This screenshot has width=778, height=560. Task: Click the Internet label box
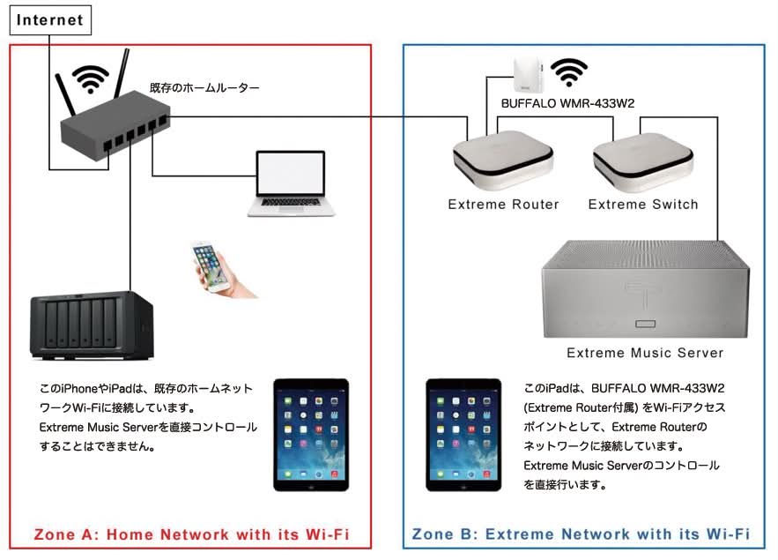pyautogui.click(x=50, y=20)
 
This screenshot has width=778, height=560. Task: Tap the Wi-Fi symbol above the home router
pyautogui.click(x=90, y=79)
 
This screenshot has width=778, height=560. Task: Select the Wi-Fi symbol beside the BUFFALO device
pyautogui.click(x=569, y=72)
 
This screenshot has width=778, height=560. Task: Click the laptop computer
pyautogui.click(x=292, y=183)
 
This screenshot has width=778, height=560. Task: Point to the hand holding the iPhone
pyautogui.click(x=223, y=270)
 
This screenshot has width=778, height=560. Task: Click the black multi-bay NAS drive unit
pyautogui.click(x=92, y=325)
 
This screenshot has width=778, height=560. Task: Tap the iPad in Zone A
pyautogui.click(x=311, y=435)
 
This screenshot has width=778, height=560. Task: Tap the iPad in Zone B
pyautogui.click(x=463, y=435)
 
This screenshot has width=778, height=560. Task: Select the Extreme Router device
pyautogui.click(x=502, y=160)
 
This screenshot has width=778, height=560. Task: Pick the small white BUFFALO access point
pyautogui.click(x=529, y=74)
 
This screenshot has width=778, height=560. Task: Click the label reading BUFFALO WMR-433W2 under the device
pyautogui.click(x=567, y=103)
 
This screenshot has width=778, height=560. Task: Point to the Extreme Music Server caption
pyautogui.click(x=645, y=353)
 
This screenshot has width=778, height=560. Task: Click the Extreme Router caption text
pyautogui.click(x=503, y=205)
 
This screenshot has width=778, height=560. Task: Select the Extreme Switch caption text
pyautogui.click(x=643, y=205)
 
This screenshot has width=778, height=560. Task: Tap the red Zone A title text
pyautogui.click(x=191, y=534)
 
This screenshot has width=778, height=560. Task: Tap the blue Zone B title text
pyautogui.click(x=581, y=534)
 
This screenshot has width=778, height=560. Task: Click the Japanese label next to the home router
pyautogui.click(x=204, y=88)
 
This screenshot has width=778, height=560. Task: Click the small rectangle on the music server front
pyautogui.click(x=646, y=325)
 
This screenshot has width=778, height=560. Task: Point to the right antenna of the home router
pyautogui.click(x=122, y=73)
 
